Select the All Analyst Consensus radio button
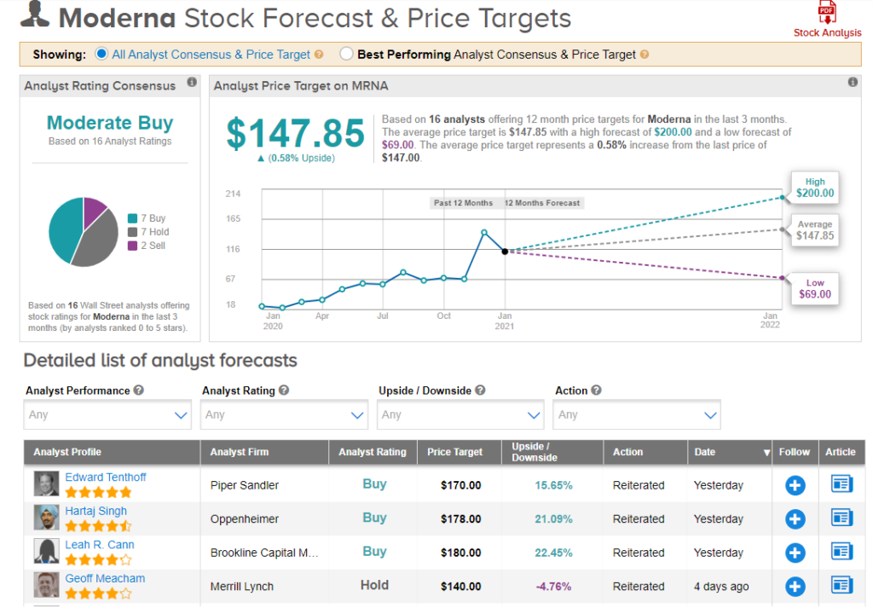click(102, 55)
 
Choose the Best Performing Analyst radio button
click(346, 55)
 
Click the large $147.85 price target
click(294, 134)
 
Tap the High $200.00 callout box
click(814, 188)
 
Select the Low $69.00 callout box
click(814, 288)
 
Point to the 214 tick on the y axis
click(233, 194)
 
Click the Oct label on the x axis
click(444, 316)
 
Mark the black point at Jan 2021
click(505, 252)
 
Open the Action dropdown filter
click(637, 415)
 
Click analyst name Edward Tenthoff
click(106, 478)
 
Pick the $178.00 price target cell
click(461, 518)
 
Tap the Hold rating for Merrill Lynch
click(374, 585)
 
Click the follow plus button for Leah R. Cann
click(795, 553)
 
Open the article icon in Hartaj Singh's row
click(841, 518)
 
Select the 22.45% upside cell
click(553, 553)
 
